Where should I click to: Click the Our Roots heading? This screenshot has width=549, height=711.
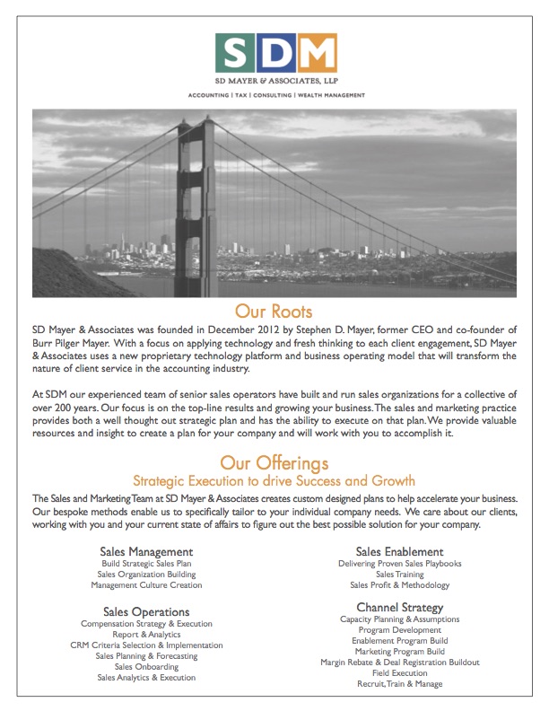pyautogui.click(x=274, y=312)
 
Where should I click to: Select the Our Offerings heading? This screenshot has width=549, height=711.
pyautogui.click(x=274, y=463)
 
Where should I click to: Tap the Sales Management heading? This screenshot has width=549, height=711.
pyautogui.click(x=146, y=551)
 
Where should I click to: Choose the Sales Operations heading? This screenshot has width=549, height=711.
pyautogui.click(x=146, y=611)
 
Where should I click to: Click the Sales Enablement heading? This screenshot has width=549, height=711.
pyautogui.click(x=399, y=551)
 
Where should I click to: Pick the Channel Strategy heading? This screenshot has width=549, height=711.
pyautogui.click(x=399, y=608)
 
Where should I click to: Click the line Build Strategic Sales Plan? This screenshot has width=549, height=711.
pyautogui.click(x=146, y=564)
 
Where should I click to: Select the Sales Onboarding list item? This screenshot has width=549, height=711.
pyautogui.click(x=146, y=667)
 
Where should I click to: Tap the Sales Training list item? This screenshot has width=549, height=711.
pyautogui.click(x=399, y=575)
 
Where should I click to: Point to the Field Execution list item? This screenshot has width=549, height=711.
pyautogui.click(x=399, y=673)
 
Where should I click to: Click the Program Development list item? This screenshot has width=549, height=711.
pyautogui.click(x=399, y=630)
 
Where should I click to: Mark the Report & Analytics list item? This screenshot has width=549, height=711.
pyautogui.click(x=146, y=635)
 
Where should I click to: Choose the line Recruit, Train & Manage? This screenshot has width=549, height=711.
pyautogui.click(x=399, y=684)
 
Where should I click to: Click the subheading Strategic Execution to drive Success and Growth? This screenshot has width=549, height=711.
pyautogui.click(x=274, y=481)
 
